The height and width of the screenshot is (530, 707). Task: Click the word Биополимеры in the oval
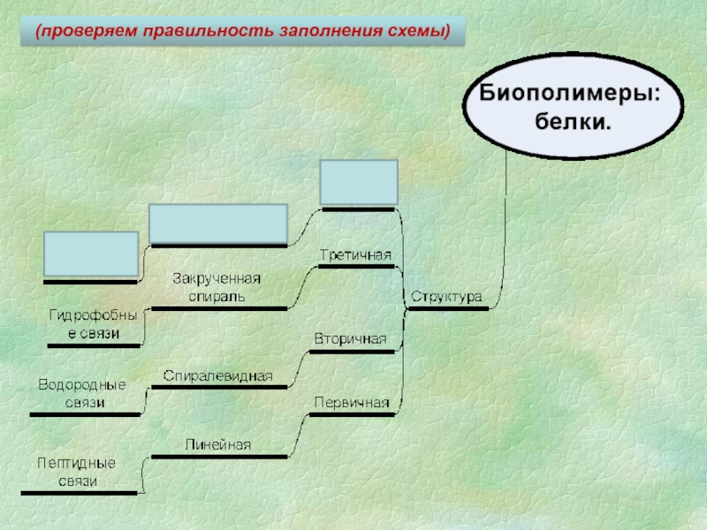click(571, 94)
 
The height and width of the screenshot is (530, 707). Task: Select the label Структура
click(446, 297)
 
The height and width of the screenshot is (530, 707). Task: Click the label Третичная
click(355, 255)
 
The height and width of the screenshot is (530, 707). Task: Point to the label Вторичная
click(351, 339)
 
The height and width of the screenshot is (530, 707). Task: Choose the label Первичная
click(351, 403)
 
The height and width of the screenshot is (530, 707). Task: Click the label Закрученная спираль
click(217, 288)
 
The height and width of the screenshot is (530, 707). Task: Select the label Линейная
click(217, 445)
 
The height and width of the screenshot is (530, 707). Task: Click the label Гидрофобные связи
click(94, 324)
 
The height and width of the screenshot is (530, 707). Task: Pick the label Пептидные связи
click(77, 472)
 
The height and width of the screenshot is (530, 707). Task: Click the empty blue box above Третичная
click(358, 182)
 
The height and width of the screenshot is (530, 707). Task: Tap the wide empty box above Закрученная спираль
click(218, 223)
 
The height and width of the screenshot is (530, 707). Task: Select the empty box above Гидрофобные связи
click(90, 254)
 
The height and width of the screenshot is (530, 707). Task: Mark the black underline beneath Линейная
click(219, 457)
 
